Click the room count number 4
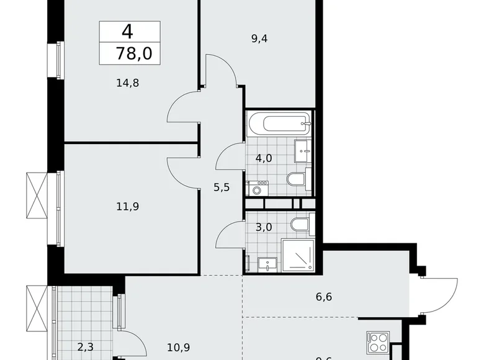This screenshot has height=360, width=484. [x=127, y=32]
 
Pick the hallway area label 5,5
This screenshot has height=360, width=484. [x=222, y=187]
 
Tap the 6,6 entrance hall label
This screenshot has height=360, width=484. [x=324, y=297]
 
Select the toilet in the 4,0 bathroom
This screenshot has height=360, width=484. [x=297, y=181]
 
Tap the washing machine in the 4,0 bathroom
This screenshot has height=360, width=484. [x=256, y=188]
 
